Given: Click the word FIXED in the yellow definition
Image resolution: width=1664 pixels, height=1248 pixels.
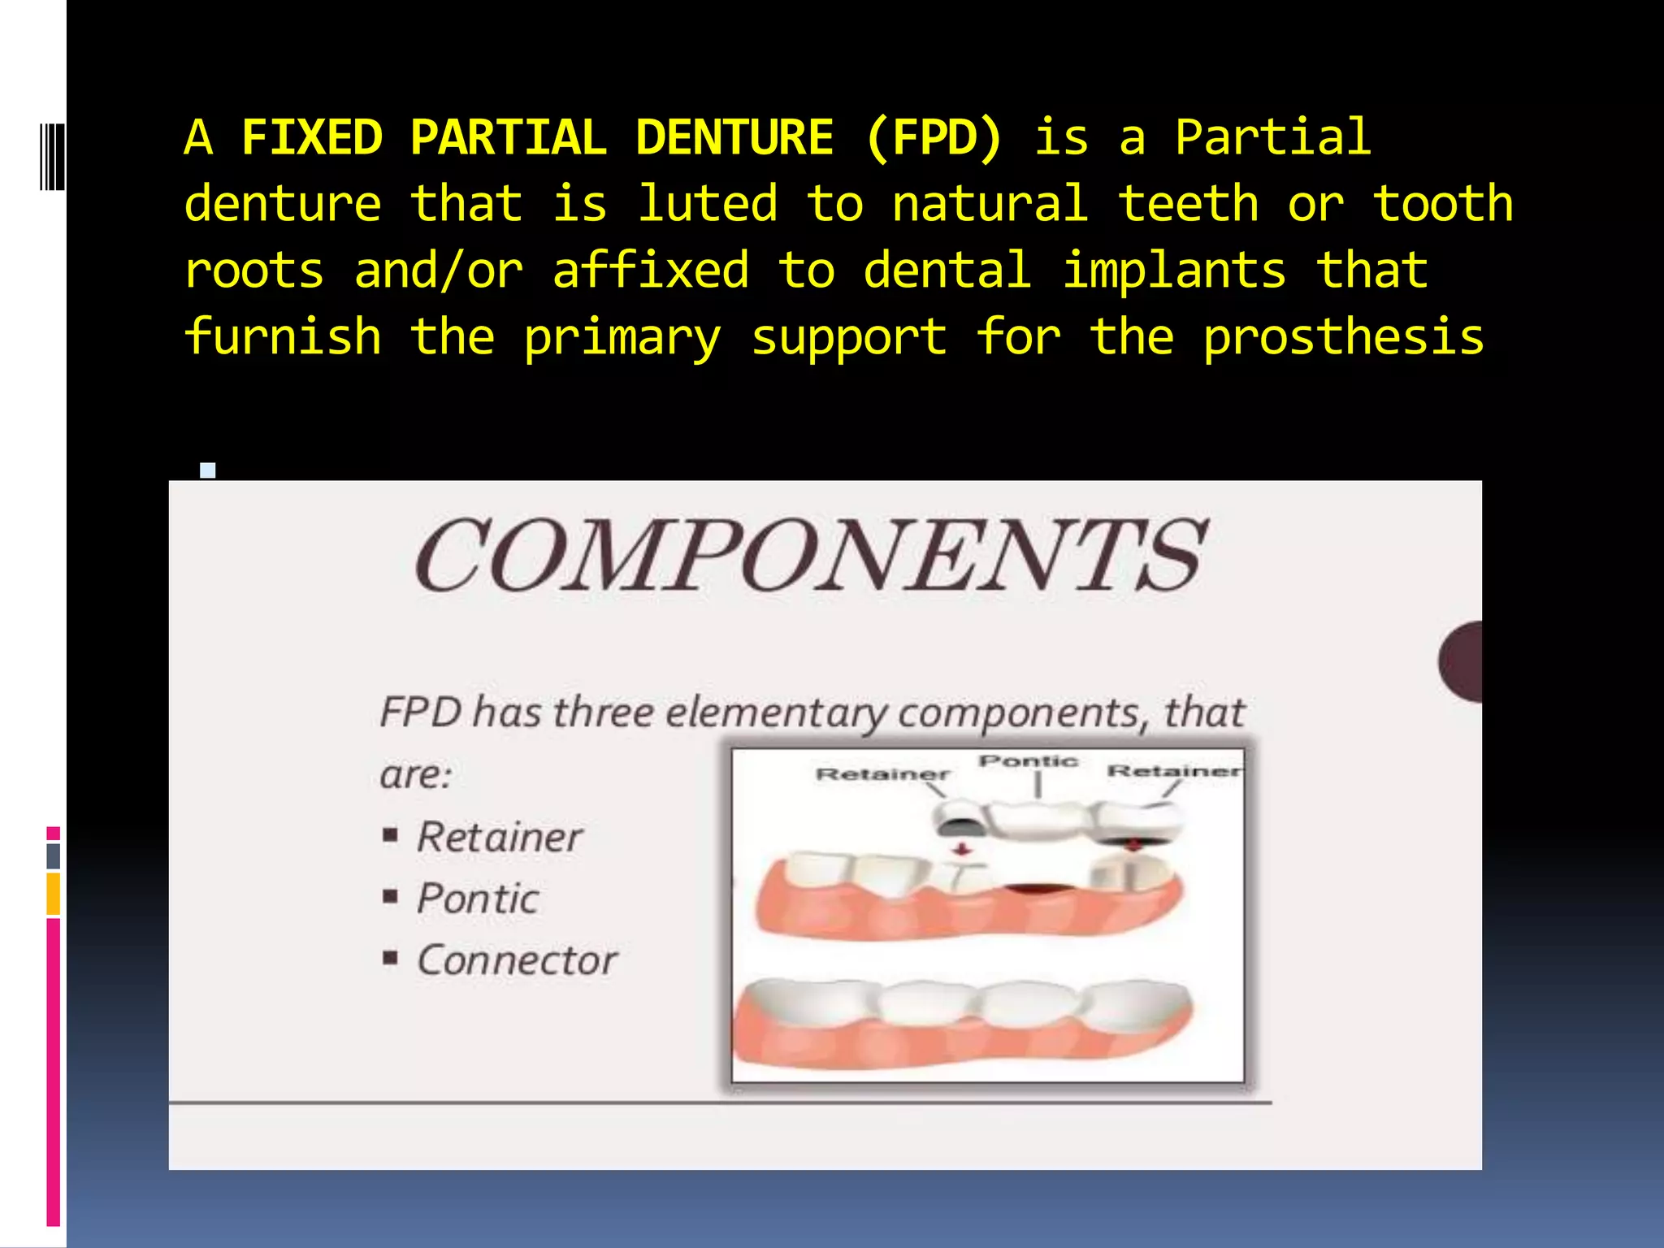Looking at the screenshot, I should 312,137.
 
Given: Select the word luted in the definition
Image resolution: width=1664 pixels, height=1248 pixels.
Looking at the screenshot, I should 707,204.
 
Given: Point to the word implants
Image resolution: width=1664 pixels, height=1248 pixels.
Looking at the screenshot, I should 1175,271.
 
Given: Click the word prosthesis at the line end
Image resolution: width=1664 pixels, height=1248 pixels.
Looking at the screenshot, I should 1343,337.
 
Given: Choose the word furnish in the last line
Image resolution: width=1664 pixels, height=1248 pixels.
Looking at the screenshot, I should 283,337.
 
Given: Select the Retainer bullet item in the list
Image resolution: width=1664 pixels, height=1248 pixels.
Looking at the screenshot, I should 499,837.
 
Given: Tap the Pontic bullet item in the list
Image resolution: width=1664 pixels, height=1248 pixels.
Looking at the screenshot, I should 477,899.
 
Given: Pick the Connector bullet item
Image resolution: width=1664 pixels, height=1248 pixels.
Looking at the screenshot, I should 517,960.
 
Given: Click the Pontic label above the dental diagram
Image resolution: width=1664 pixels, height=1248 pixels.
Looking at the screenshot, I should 1028,761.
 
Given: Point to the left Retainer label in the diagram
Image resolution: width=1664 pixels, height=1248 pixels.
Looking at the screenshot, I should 882,773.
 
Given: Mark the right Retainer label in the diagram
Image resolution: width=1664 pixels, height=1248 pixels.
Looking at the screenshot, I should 1175,770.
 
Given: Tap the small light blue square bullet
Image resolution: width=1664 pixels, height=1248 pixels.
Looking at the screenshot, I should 208,470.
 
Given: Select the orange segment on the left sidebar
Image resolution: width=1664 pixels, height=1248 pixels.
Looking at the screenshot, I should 54,894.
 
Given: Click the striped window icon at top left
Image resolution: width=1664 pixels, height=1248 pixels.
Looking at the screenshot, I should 52,156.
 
